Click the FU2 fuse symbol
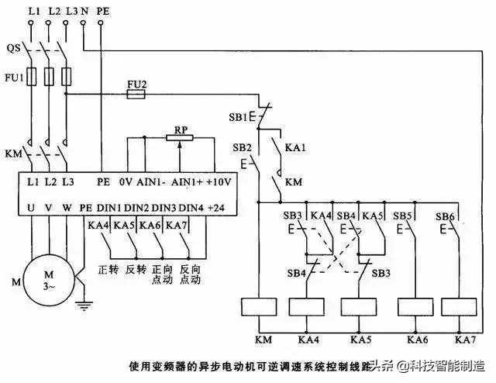point(136,93)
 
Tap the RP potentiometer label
point(181,129)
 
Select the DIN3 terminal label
point(165,209)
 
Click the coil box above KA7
point(463,308)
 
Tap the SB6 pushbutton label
point(444,216)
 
